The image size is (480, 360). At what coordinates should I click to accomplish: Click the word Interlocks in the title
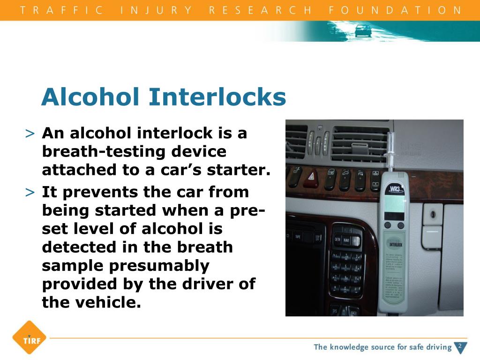217,97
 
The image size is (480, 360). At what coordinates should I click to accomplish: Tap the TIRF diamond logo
29,337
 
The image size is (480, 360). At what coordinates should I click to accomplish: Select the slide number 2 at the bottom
460,346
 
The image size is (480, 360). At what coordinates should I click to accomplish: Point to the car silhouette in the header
363,31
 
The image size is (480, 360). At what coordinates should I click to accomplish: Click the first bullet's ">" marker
30,134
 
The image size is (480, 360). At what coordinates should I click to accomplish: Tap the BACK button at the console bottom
354,312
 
